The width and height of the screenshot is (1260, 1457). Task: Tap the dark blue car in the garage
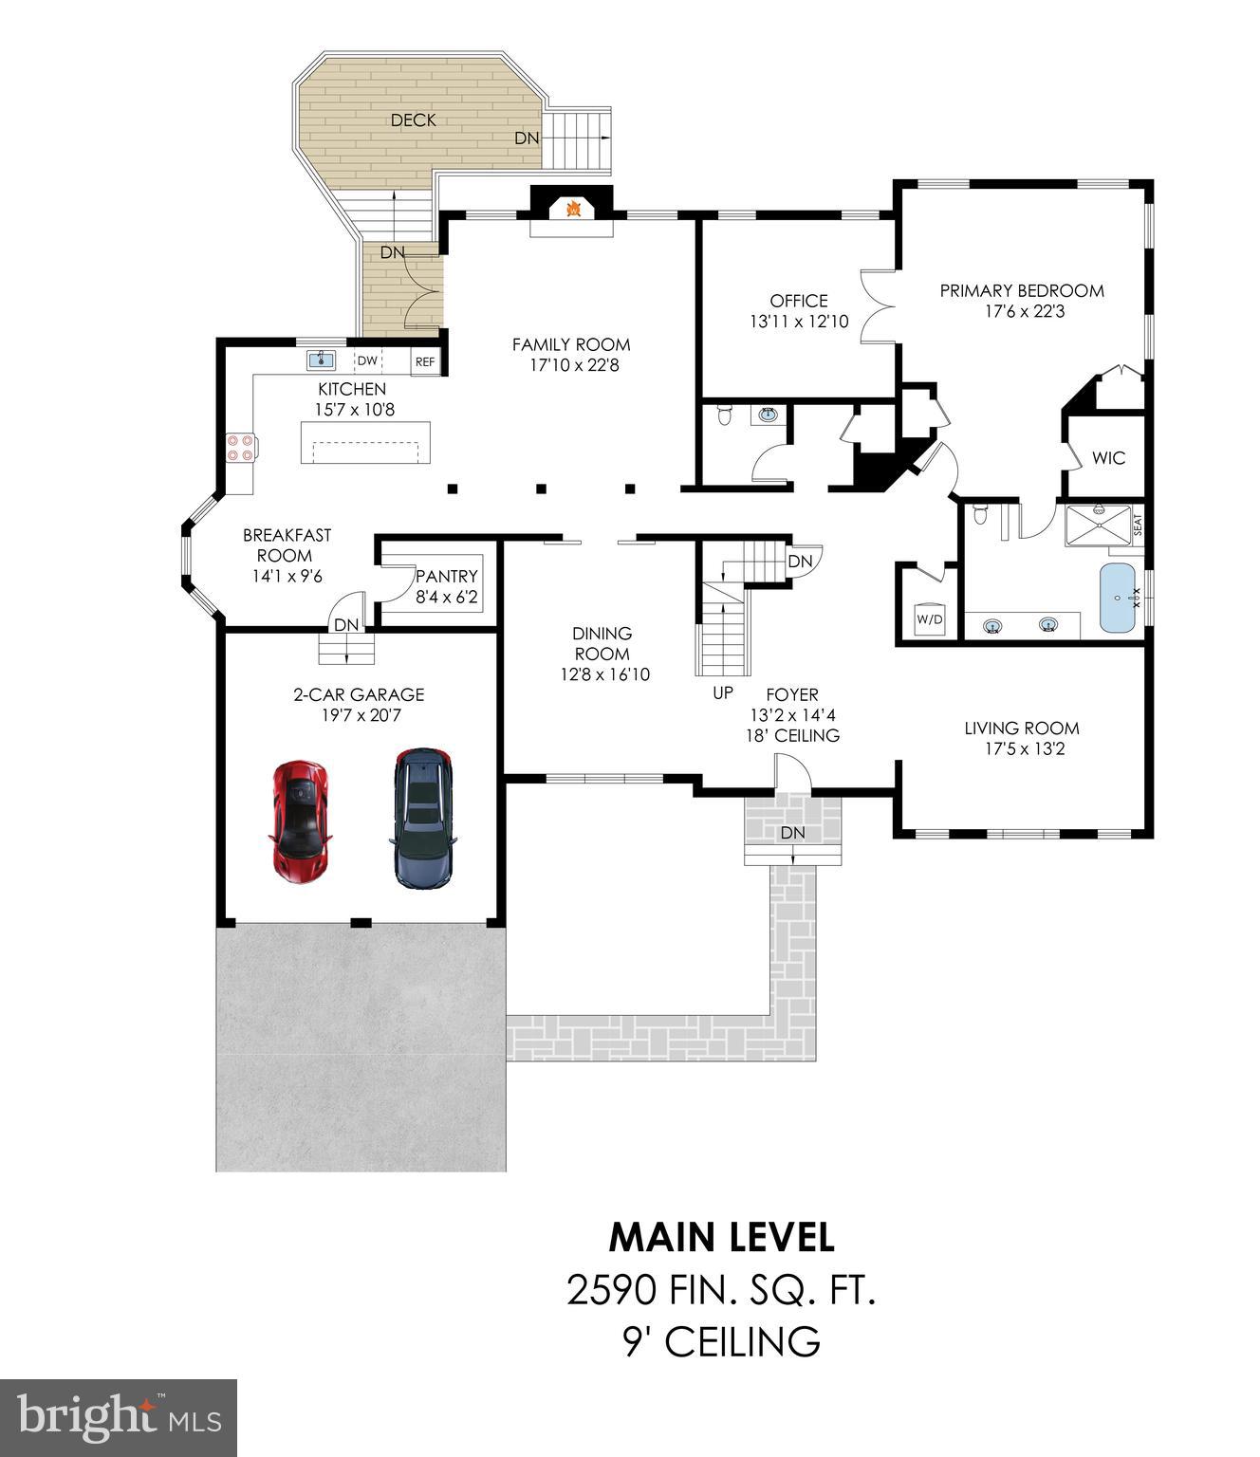click(x=423, y=819)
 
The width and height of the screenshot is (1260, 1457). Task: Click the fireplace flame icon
click(x=572, y=208)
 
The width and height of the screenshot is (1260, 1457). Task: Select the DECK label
click(x=414, y=120)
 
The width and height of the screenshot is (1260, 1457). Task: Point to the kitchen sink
click(x=321, y=360)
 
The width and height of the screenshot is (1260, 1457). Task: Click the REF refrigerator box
click(x=425, y=361)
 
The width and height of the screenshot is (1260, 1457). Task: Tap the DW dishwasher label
click(x=367, y=361)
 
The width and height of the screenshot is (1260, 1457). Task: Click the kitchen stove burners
click(x=239, y=447)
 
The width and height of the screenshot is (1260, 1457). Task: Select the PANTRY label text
click(x=447, y=577)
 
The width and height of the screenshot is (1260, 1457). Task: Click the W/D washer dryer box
click(x=930, y=619)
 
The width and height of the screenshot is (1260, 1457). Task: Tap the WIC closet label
click(x=1108, y=458)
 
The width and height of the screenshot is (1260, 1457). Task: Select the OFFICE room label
click(x=799, y=301)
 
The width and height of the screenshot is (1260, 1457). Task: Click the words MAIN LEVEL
click(x=721, y=1237)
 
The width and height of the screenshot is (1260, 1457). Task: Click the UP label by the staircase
click(x=723, y=693)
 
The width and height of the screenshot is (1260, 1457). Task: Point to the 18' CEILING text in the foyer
click(x=792, y=735)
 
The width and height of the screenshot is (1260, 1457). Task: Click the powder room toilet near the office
click(x=726, y=415)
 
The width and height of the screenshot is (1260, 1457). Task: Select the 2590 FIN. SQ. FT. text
click(x=721, y=1290)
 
